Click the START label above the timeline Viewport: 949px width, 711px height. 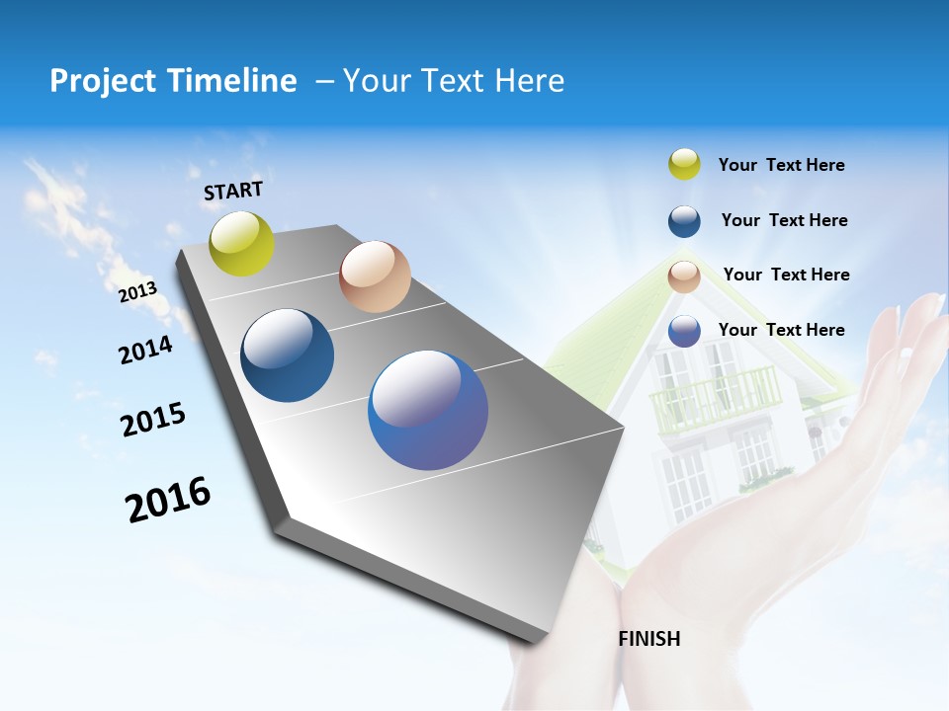click(233, 191)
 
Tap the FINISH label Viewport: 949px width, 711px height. click(648, 639)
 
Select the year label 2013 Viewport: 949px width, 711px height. click(137, 292)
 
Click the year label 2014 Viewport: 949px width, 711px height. click(145, 351)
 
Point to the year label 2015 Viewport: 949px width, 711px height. click(153, 420)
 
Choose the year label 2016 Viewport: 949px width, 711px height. click(168, 500)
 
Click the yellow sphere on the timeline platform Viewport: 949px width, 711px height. click(241, 244)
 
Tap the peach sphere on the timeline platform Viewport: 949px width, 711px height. click(375, 276)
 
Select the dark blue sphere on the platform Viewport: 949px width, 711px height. click(287, 355)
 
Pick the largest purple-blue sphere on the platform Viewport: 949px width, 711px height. click(428, 410)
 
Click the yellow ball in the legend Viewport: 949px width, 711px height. click(684, 165)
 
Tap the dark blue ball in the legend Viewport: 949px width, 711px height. click(684, 221)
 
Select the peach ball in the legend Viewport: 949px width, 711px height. click(684, 276)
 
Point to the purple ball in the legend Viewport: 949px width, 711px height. click(684, 331)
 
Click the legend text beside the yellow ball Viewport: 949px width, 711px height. click(781, 165)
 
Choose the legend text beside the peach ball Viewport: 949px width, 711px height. click(786, 275)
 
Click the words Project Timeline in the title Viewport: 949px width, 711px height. click(173, 81)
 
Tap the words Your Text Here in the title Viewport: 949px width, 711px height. click(453, 81)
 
